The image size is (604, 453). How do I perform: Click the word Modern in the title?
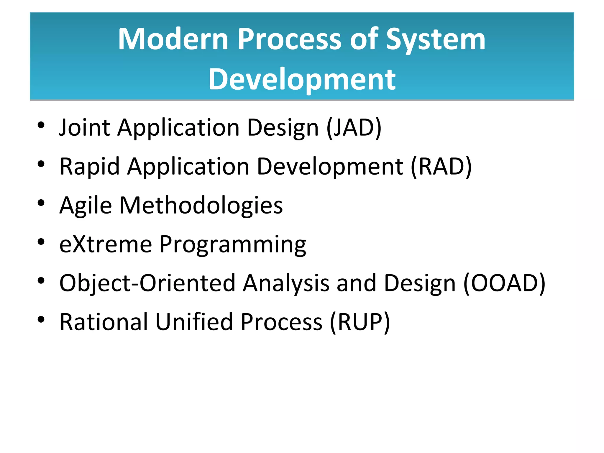[x=173, y=39]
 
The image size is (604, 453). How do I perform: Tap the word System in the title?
[x=436, y=39]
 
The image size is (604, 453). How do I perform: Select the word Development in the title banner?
[x=302, y=79]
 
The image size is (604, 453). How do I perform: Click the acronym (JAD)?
[x=354, y=127]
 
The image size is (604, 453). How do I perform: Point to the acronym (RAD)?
[x=441, y=167]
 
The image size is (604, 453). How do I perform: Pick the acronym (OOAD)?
[x=504, y=283]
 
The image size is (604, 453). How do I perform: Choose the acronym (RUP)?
[x=360, y=322]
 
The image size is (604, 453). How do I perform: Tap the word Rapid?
[x=89, y=167]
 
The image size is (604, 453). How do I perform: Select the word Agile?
[x=86, y=206]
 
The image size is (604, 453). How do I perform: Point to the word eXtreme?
[x=106, y=244]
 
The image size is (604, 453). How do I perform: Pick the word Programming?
[x=233, y=244]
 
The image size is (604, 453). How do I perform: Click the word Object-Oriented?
[x=147, y=283]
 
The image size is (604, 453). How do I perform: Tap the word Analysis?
[x=286, y=283]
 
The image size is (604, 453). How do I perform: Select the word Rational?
[x=104, y=322]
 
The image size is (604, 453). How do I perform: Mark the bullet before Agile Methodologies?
[x=41, y=203]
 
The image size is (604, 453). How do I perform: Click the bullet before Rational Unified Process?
[x=41, y=319]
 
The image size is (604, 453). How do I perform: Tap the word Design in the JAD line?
[x=283, y=127]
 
